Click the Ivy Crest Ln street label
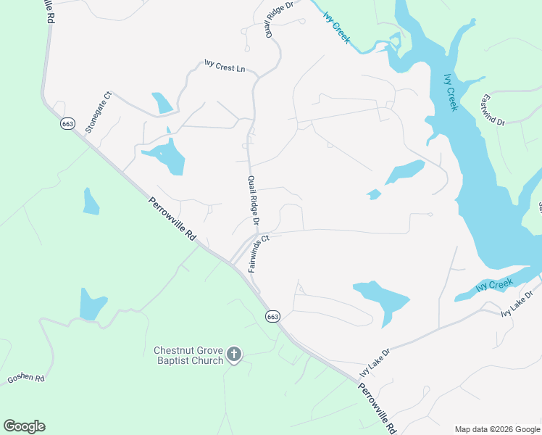225,68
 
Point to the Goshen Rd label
26,378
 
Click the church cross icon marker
233,354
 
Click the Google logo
24,426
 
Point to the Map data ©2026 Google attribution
497,429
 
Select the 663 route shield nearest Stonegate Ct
68,123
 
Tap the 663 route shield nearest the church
272,317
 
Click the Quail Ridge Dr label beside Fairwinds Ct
254,201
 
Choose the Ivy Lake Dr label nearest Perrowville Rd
375,362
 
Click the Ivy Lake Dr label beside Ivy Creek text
517,303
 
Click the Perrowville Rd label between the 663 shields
173,219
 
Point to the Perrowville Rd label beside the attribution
377,408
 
